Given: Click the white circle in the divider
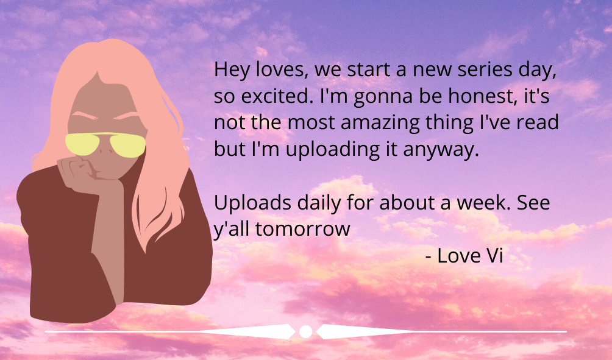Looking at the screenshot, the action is [x=305, y=331].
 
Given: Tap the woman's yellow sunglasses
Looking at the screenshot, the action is [x=105, y=144].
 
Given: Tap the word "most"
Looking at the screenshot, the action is [x=311, y=123].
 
